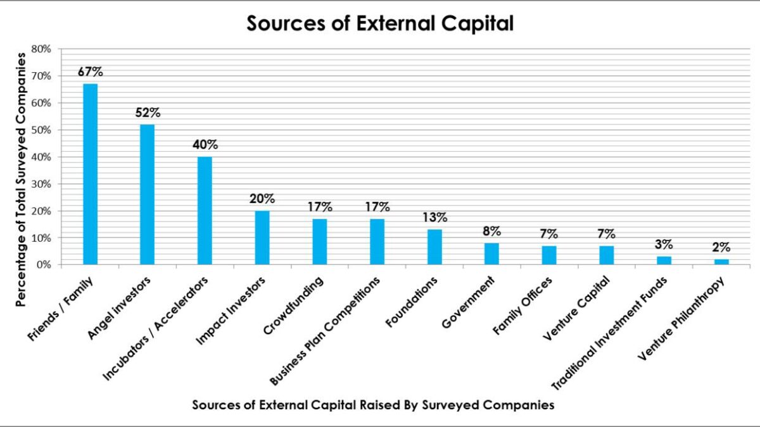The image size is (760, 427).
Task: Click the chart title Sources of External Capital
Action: (x=380, y=23)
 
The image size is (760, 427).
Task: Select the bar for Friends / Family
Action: (x=91, y=174)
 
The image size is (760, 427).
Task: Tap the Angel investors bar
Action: (x=147, y=194)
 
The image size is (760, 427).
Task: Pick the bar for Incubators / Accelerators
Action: (x=205, y=211)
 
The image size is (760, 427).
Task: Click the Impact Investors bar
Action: (x=262, y=238)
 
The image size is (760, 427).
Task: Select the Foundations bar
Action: (x=434, y=247)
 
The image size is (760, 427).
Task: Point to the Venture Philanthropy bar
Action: (x=721, y=262)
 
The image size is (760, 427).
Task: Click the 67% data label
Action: (x=91, y=71)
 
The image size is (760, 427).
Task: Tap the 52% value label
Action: (x=147, y=113)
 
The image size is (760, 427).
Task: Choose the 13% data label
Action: (x=434, y=218)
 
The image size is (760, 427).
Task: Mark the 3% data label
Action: (x=664, y=245)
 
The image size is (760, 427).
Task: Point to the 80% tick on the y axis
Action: (x=41, y=49)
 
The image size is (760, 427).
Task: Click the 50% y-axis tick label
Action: (x=41, y=130)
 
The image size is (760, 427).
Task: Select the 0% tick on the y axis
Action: (x=44, y=265)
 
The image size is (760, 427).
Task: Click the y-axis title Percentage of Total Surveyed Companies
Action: (x=21, y=180)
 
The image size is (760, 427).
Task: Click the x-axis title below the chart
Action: (x=373, y=405)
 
